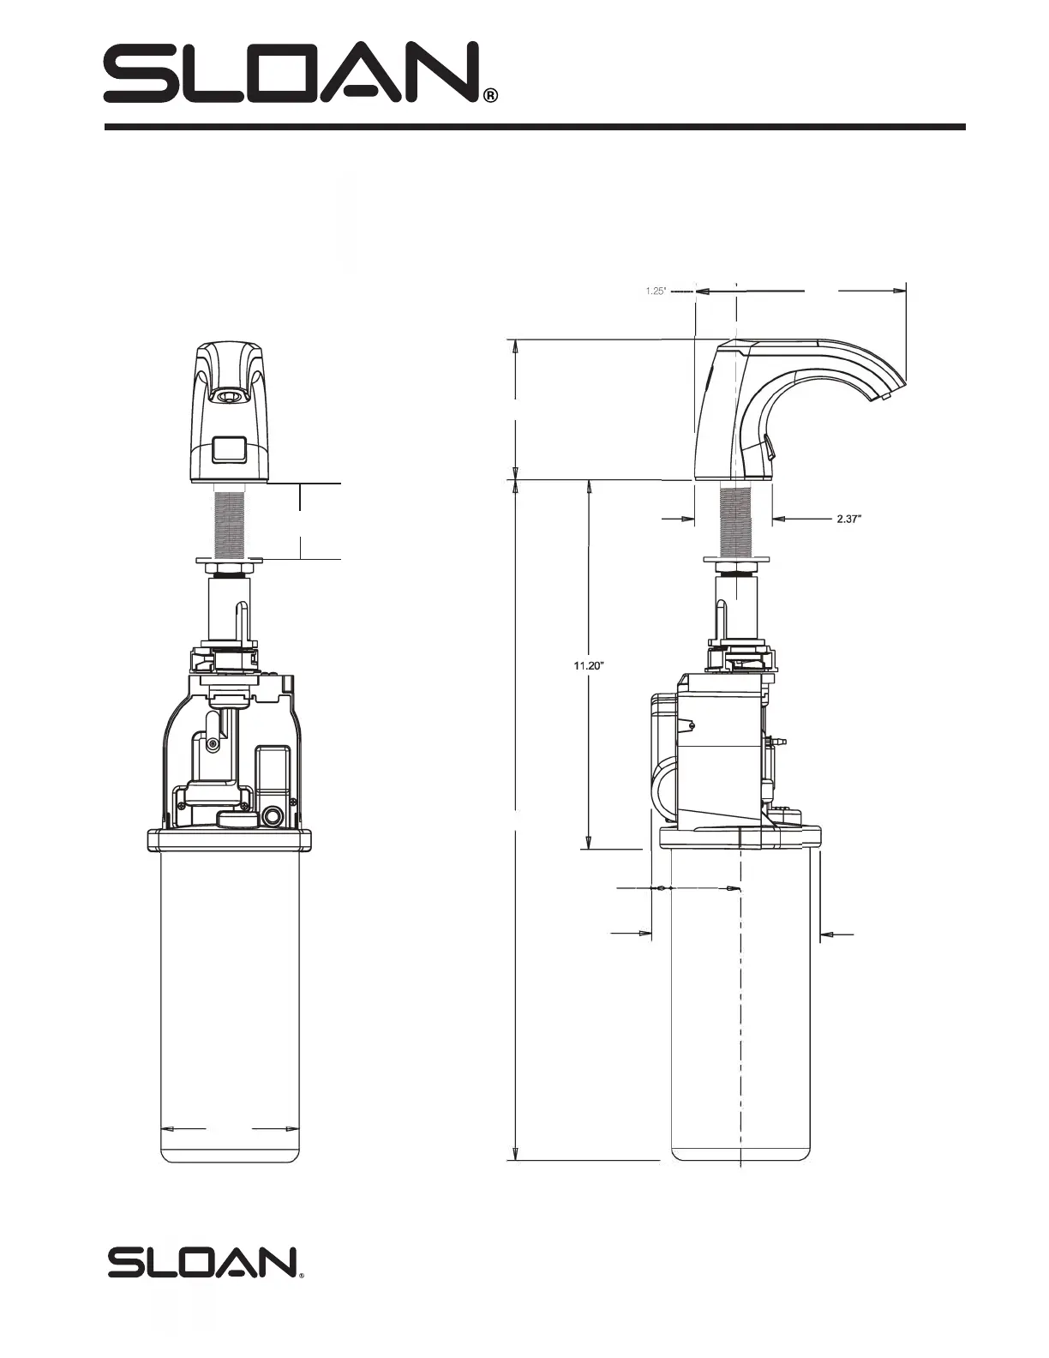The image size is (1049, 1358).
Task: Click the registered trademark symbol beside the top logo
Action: (491, 96)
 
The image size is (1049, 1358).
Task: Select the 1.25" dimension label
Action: (656, 291)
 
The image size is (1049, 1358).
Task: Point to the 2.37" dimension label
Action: (849, 518)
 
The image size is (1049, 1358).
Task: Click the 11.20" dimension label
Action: (589, 665)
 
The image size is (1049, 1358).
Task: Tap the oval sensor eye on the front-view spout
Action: (230, 396)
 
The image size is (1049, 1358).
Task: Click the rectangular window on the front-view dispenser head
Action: (231, 451)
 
